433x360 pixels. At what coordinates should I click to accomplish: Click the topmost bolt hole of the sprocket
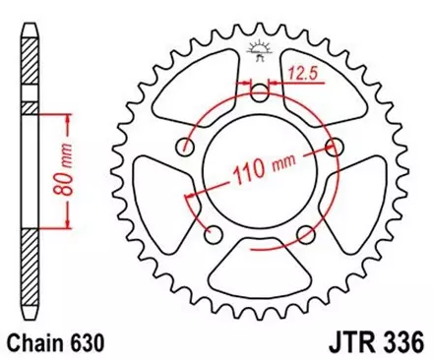click(x=259, y=95)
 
